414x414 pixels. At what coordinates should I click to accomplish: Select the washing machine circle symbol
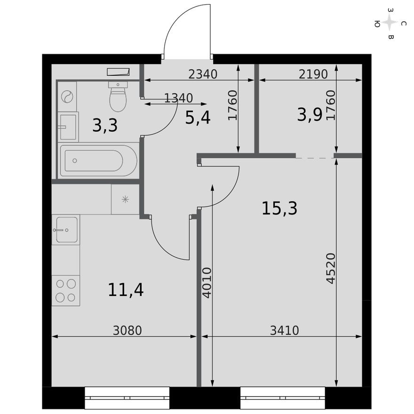(67, 96)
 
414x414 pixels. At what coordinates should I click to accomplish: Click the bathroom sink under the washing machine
(68, 127)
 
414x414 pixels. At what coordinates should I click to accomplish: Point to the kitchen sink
(66, 230)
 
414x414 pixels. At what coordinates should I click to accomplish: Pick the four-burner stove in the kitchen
(66, 290)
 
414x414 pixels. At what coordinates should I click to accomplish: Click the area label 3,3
(104, 126)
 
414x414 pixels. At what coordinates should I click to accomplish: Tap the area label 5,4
(197, 118)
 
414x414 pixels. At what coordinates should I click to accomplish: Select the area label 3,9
(310, 114)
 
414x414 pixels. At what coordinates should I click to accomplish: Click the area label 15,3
(279, 208)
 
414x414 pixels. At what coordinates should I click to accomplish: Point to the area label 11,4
(126, 290)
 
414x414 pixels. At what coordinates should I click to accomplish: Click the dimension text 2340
(202, 74)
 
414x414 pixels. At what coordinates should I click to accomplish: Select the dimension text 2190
(313, 74)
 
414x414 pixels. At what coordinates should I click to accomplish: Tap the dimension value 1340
(178, 98)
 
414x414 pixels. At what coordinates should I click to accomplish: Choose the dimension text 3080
(127, 331)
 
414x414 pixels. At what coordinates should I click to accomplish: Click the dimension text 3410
(284, 331)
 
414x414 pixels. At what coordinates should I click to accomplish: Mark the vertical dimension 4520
(331, 268)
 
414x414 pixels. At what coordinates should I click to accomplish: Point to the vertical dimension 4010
(207, 282)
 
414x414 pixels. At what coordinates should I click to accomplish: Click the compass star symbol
(390, 22)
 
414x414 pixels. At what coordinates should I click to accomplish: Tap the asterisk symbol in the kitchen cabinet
(125, 199)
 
